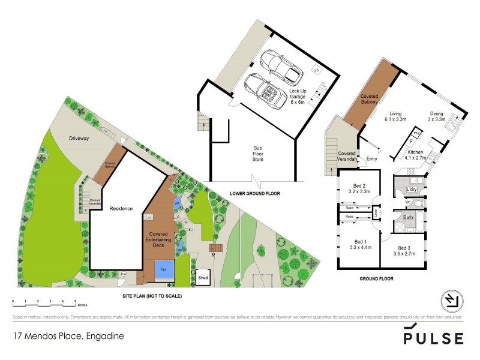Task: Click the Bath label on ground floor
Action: pos(409,217)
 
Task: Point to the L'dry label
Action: pos(412,190)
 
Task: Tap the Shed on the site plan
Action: pos(203,278)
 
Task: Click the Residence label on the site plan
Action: pos(121,209)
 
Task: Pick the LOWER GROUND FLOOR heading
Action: pos(255,193)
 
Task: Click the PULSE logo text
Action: pos(433,337)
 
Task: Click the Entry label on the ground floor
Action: pos(373,158)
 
